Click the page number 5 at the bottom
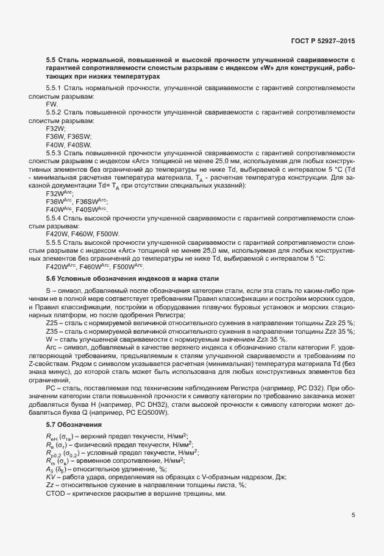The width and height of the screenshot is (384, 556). click(353, 515)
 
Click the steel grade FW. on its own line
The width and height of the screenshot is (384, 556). click(52, 105)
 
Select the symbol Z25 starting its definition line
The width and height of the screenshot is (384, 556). click(52, 323)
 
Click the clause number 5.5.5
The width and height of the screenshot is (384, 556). click(55, 242)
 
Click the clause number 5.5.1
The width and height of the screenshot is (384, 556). click(55, 89)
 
